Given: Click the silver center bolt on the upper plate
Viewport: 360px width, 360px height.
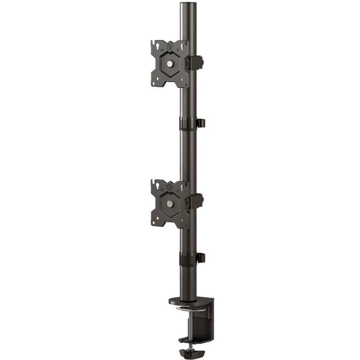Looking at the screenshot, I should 170,64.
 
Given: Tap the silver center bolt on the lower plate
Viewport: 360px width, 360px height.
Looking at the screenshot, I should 170,204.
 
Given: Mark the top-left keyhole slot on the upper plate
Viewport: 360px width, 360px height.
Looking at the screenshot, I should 157,45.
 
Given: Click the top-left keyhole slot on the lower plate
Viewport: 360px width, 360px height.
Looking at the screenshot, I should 157,185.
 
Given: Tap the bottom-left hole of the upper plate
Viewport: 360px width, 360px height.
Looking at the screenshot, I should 157,82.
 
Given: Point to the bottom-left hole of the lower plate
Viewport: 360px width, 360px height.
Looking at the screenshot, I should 157,222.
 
